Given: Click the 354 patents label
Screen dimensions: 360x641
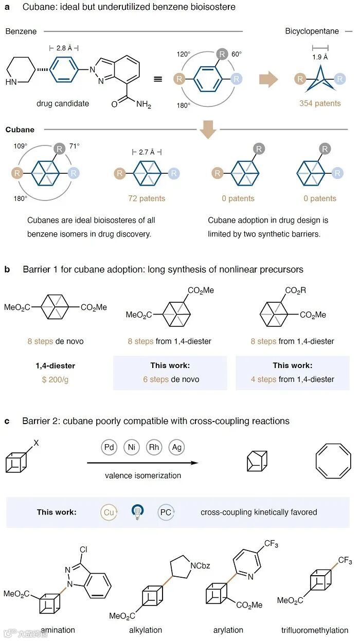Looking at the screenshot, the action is pyautogui.click(x=320, y=103).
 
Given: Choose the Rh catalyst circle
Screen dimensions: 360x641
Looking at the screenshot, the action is pyautogui.click(x=154, y=448).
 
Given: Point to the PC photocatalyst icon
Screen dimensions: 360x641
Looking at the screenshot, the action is pyautogui.click(x=166, y=512).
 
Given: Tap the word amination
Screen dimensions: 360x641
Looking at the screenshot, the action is pyautogui.click(x=58, y=630).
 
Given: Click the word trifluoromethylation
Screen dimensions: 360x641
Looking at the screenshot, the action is pyautogui.click(x=315, y=630).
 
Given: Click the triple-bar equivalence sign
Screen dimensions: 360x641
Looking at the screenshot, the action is pyautogui.click(x=158, y=80).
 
